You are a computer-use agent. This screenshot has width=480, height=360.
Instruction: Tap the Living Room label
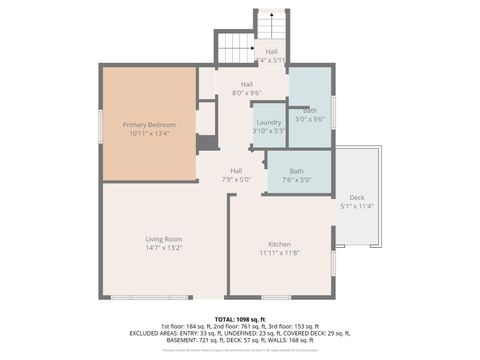(x=164, y=239)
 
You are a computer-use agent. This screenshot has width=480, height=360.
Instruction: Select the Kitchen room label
(x=279, y=244)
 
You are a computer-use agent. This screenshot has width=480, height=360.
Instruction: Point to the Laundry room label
(x=269, y=122)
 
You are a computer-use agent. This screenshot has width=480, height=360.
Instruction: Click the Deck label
(x=356, y=197)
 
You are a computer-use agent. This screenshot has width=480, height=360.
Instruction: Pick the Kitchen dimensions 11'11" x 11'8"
(x=279, y=253)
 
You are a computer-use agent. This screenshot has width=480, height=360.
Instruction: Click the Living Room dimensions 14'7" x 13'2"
(x=164, y=248)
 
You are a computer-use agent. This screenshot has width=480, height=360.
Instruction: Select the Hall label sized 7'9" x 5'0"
(x=237, y=171)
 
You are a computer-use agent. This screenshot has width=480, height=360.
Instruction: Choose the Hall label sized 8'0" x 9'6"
(x=246, y=85)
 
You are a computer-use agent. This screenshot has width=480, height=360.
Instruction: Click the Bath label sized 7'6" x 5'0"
(x=297, y=171)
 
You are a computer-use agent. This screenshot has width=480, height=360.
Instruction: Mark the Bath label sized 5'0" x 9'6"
(x=310, y=110)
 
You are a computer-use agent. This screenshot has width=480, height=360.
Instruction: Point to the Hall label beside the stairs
(x=271, y=51)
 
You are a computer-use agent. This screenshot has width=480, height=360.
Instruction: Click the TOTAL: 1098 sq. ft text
(x=240, y=318)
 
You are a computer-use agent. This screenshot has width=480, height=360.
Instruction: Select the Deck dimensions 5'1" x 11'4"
(x=356, y=206)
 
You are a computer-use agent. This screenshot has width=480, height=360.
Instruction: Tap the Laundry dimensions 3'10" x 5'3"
(x=269, y=131)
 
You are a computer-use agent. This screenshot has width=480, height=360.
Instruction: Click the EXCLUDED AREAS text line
(x=240, y=333)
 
